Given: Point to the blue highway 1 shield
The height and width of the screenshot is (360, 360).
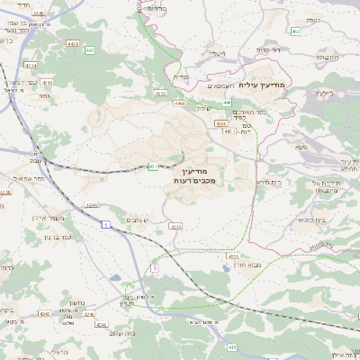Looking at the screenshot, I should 106,222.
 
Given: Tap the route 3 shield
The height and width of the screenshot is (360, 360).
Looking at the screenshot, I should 155,267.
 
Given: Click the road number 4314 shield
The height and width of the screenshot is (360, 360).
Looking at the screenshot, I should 31,66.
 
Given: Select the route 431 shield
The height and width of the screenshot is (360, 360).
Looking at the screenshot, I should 153,166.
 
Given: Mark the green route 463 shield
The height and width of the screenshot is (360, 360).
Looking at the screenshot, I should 296,31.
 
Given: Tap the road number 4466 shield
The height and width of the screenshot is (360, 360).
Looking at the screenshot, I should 180,103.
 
